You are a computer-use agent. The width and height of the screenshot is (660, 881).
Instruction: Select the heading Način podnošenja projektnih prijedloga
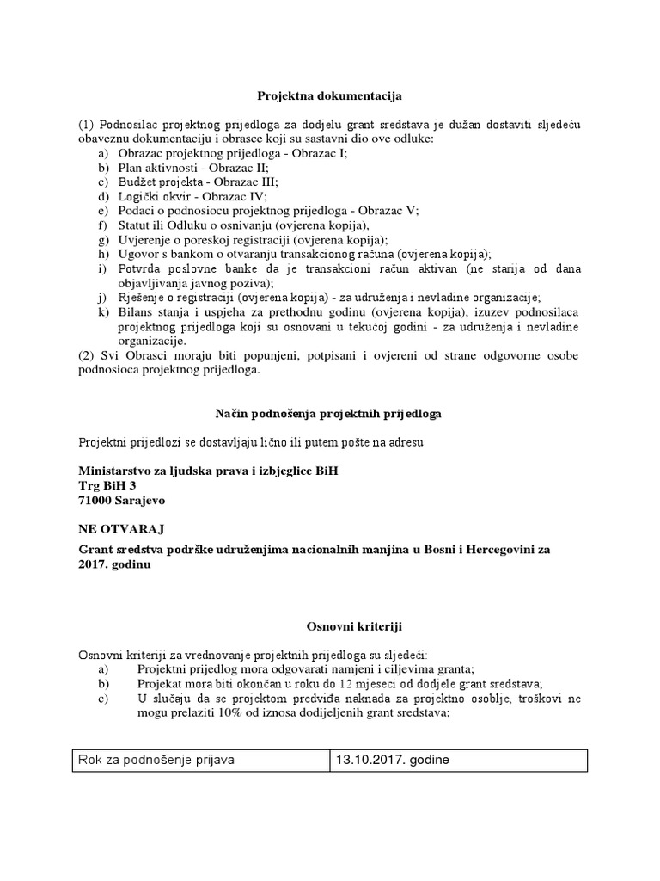click(330, 414)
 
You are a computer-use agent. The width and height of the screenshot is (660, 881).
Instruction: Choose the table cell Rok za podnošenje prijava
click(156, 761)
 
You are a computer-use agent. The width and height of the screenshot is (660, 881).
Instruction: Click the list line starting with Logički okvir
click(193, 196)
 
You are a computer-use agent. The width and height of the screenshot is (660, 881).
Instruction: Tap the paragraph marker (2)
click(87, 356)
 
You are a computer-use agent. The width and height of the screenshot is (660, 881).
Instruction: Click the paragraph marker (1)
click(87, 125)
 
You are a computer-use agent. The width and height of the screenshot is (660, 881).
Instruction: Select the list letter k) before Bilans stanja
click(103, 311)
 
